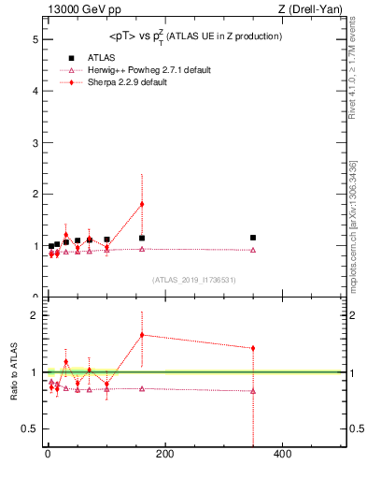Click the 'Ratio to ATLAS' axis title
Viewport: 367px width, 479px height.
(14, 372)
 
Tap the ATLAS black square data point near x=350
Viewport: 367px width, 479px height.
(253, 238)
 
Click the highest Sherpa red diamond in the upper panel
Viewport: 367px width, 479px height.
(142, 204)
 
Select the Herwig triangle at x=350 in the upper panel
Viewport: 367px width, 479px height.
(253, 250)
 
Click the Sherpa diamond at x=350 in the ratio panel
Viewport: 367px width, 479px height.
(253, 348)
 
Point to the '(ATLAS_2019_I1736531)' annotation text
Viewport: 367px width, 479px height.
(194, 279)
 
